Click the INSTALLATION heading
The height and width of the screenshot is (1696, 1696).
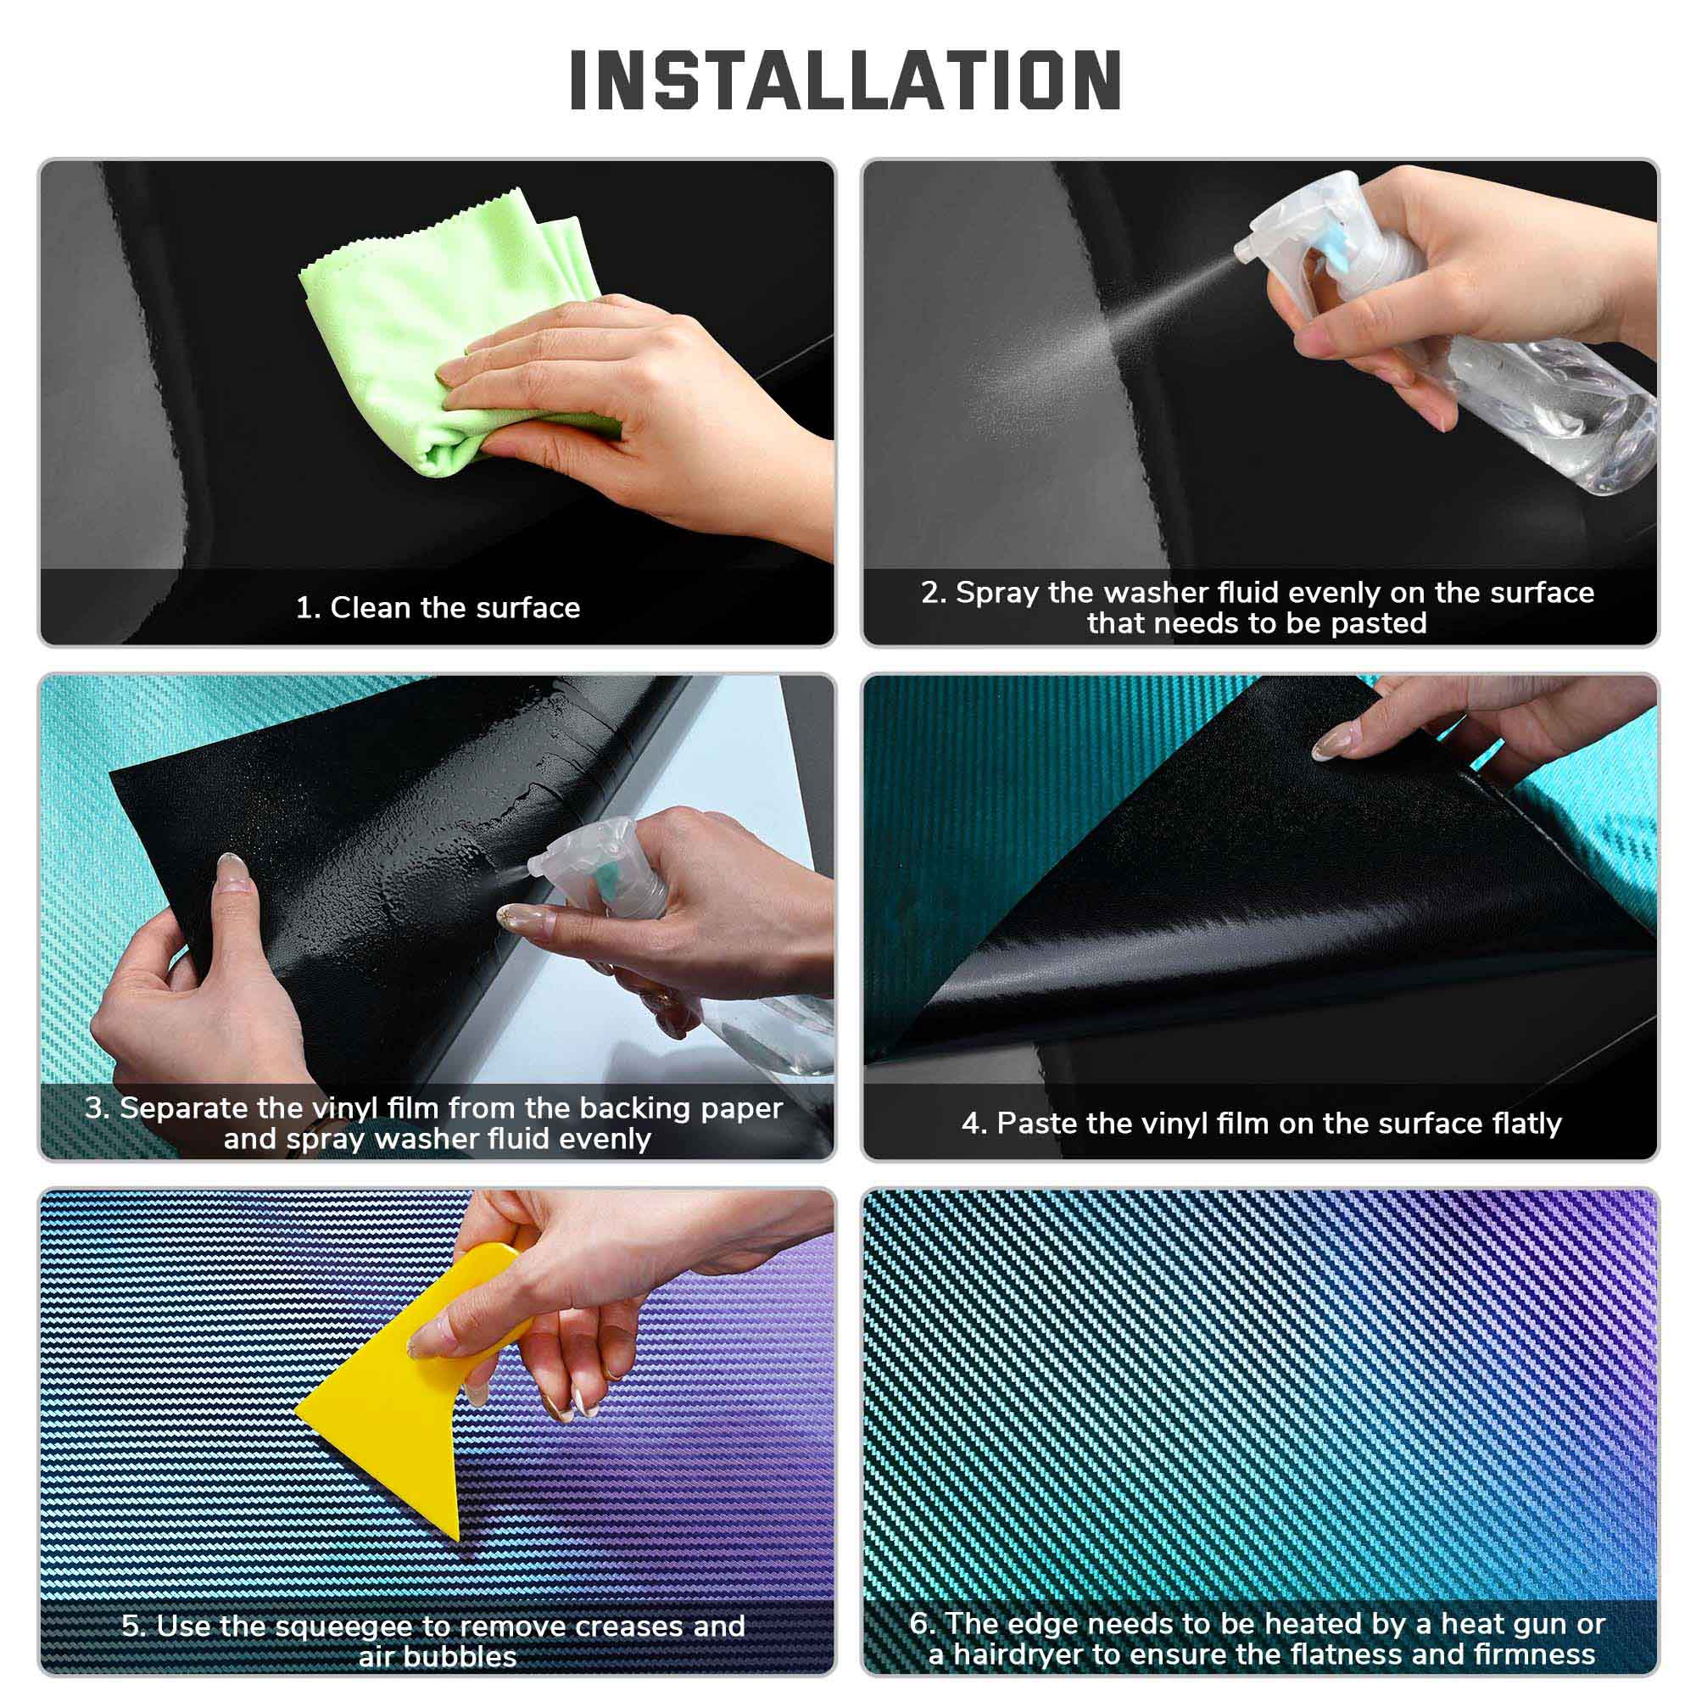coord(845,80)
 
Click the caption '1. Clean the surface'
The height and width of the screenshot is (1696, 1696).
coord(438,607)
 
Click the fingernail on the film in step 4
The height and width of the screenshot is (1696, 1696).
coord(1327,745)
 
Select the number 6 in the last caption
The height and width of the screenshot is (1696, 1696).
coord(918,1623)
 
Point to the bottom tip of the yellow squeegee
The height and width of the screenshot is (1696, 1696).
coord(457,1539)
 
